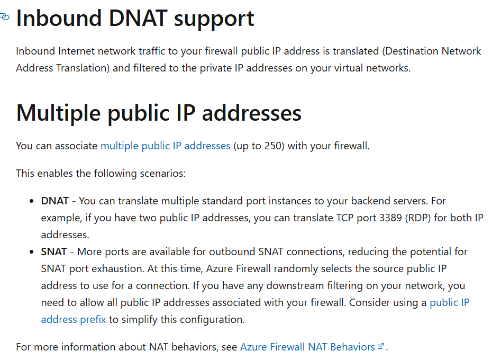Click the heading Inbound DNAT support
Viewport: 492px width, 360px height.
coord(135,19)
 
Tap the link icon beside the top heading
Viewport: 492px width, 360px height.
coord(4,17)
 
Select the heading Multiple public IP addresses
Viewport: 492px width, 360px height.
coord(159,113)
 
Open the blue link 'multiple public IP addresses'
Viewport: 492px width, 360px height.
coord(165,146)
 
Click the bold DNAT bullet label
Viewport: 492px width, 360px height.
coord(55,201)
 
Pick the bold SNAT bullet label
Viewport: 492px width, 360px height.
coord(54,251)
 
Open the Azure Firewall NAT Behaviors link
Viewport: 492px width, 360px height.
coord(307,347)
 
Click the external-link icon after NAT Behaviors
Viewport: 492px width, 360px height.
coord(380,347)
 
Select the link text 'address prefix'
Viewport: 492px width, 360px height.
coord(74,319)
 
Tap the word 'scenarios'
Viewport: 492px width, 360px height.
coord(163,173)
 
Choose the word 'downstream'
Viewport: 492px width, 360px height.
coord(288,285)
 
